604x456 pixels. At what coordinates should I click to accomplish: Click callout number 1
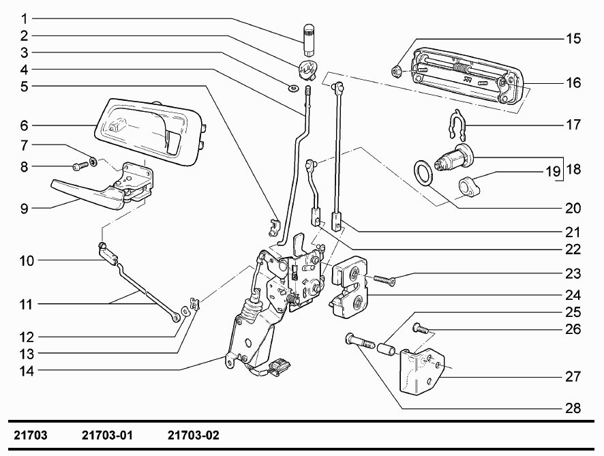[x=25, y=18]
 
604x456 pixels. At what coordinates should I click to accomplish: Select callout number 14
[x=27, y=371]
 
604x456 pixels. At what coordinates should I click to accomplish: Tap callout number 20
[x=573, y=208]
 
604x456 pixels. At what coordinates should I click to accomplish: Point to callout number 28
[x=573, y=408]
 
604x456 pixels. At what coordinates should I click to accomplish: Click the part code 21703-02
[x=194, y=435]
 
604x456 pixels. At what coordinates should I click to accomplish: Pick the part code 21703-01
[x=107, y=435]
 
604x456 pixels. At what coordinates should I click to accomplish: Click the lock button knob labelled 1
[x=309, y=40]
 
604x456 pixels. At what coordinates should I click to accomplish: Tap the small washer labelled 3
[x=292, y=89]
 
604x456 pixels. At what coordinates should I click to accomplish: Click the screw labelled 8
[x=81, y=166]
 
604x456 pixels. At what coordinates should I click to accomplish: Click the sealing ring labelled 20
[x=423, y=173]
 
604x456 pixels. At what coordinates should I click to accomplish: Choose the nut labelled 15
[x=396, y=72]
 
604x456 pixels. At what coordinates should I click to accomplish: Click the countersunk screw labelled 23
[x=384, y=280]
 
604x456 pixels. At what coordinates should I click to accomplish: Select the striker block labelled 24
[x=350, y=288]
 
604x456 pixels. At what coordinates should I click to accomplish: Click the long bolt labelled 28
[x=360, y=341]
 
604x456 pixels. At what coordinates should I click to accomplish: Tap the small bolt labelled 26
[x=420, y=329]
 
